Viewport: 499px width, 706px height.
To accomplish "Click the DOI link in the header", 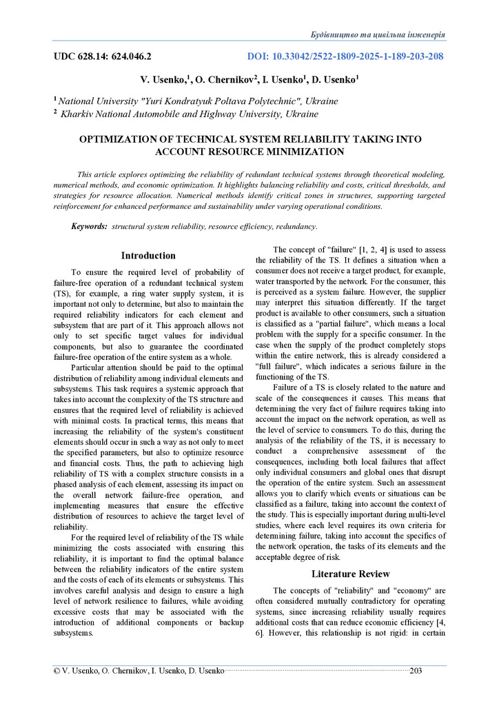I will point(345,57).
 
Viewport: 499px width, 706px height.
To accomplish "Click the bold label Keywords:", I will point(90,226).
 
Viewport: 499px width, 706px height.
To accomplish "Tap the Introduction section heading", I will point(148,256).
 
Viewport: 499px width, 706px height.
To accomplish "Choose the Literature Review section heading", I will point(350,574).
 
